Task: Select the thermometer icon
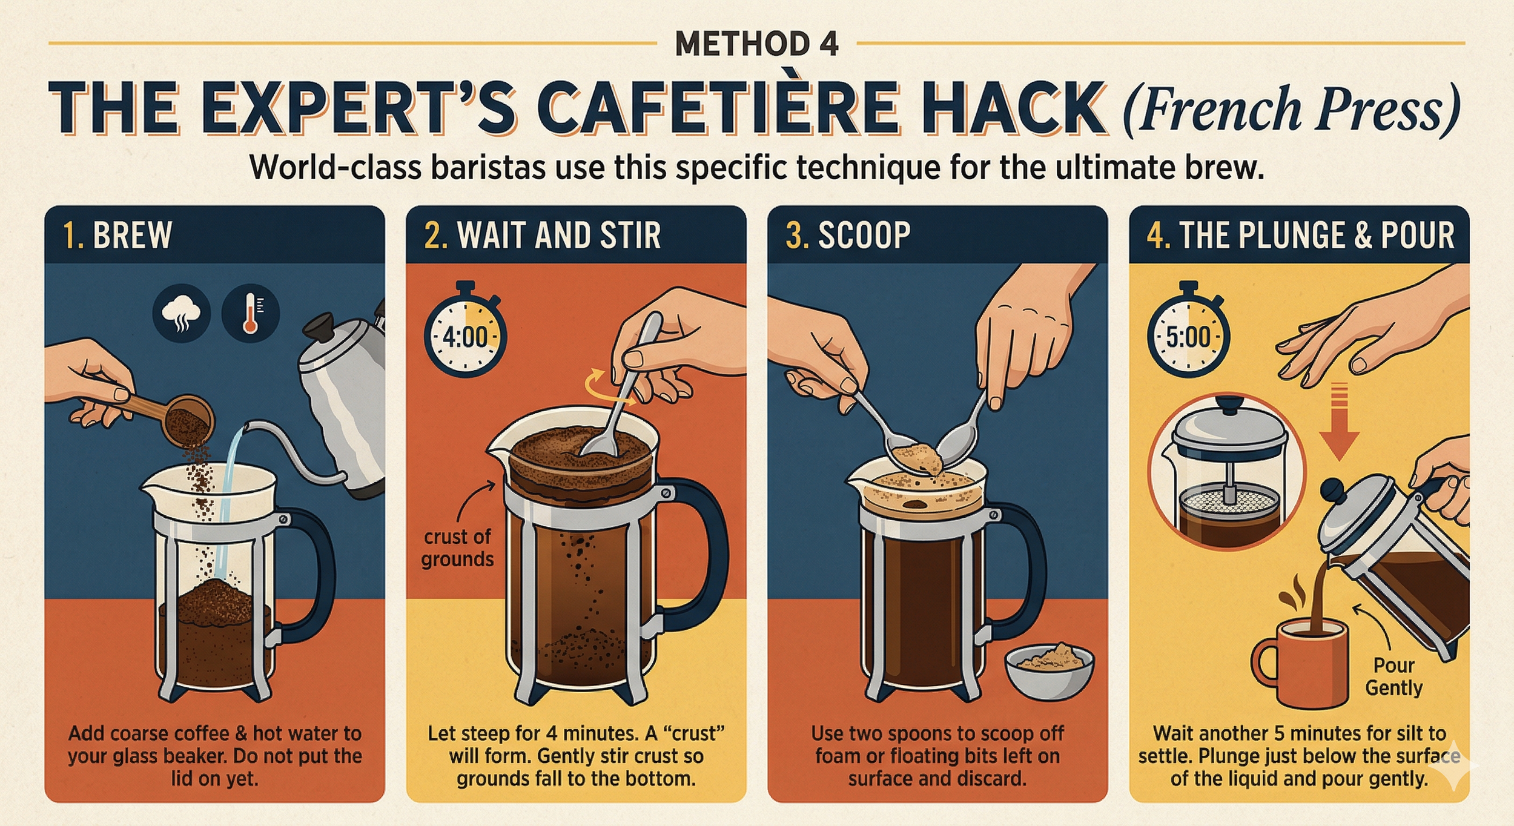click(250, 313)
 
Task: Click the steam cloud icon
click(182, 313)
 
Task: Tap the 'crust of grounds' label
click(457, 547)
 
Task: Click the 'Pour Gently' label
click(1393, 676)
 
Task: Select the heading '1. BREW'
click(118, 235)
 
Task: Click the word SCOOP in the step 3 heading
click(864, 235)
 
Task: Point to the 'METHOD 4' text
click(757, 44)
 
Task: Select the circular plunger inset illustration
click(1226, 471)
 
